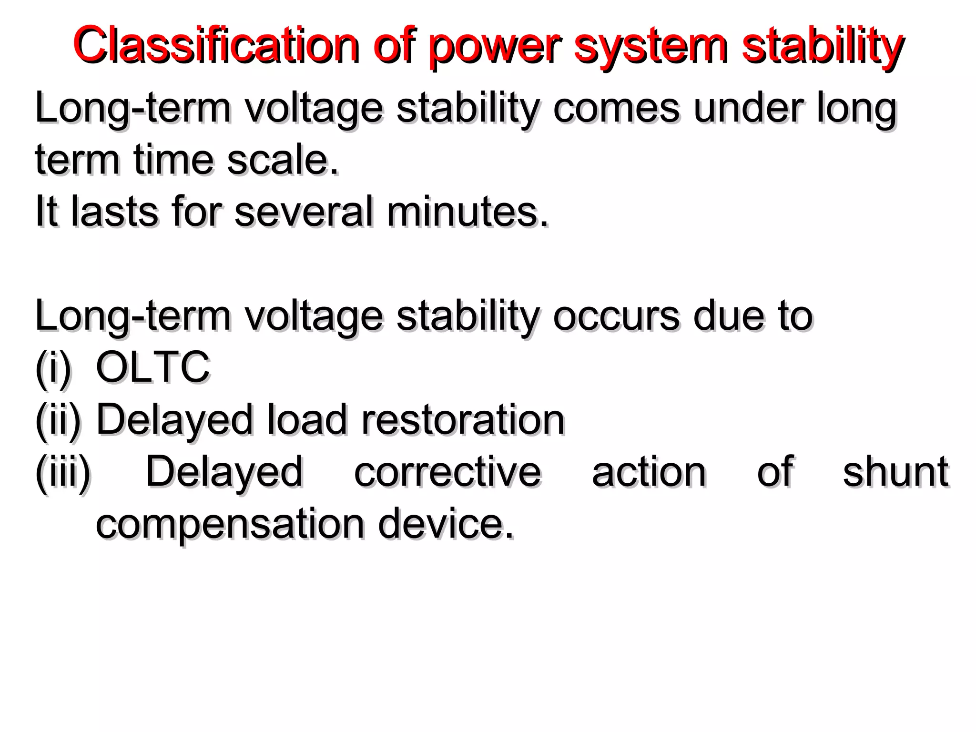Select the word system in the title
651,47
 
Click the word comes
616,109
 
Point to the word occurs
616,316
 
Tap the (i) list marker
53,368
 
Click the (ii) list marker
58,420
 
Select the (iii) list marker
63,472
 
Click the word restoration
463,420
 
